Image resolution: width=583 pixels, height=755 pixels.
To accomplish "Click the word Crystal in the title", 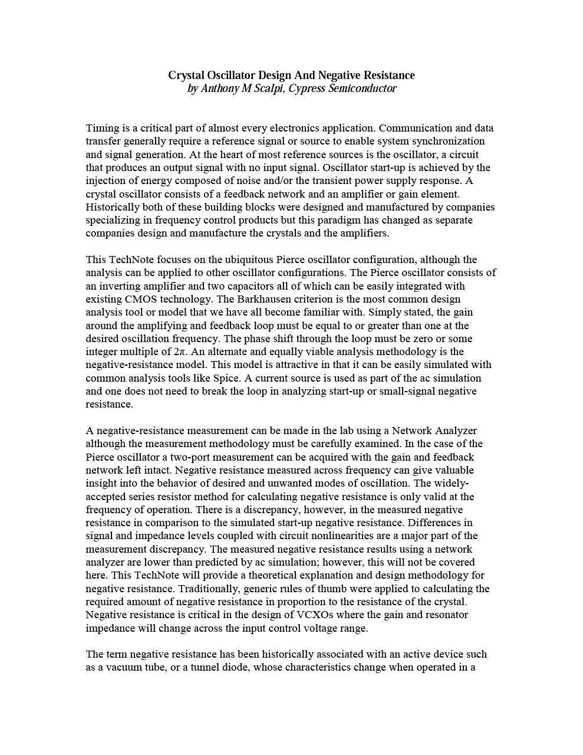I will click(186, 75).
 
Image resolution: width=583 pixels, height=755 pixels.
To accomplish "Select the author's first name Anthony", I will click(222, 89).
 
